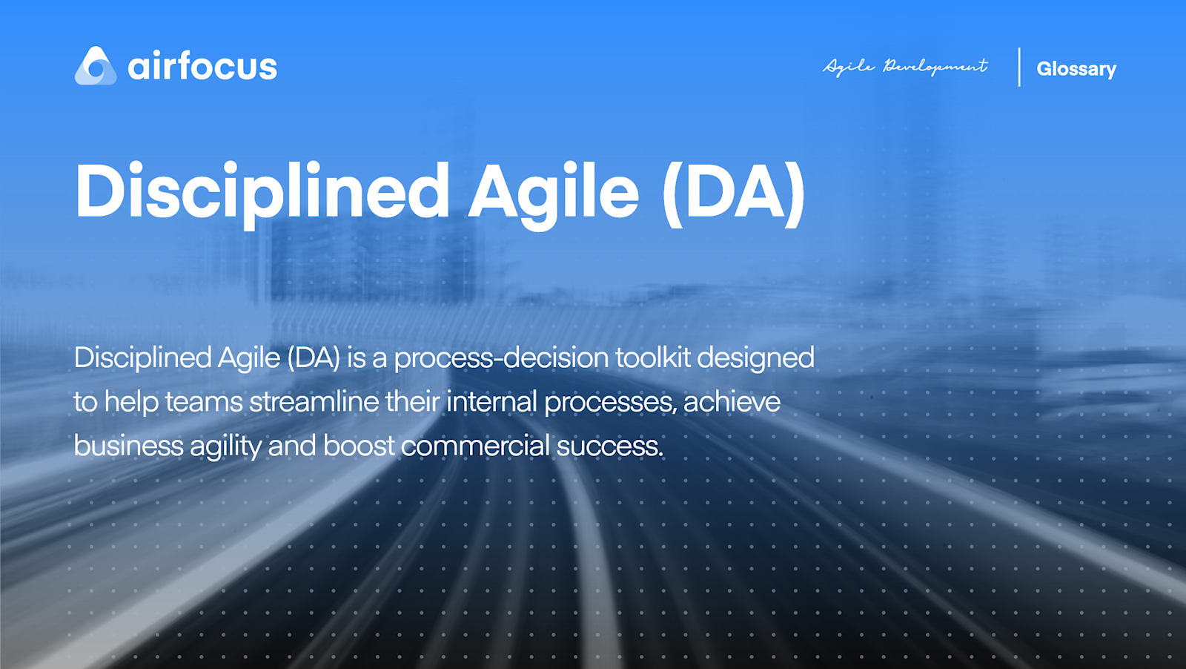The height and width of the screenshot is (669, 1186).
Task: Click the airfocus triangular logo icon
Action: tap(96, 66)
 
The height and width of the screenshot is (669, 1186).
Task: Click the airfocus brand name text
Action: tap(202, 66)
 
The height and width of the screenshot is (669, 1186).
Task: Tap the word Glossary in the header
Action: tap(1076, 69)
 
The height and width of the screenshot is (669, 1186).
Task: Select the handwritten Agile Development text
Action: tap(905, 67)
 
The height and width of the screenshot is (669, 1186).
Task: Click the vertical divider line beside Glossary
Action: tap(1019, 67)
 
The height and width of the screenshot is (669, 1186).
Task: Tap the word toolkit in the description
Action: tap(653, 357)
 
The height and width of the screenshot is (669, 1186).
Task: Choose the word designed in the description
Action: tap(755, 358)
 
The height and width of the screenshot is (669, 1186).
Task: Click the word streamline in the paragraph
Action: tap(314, 402)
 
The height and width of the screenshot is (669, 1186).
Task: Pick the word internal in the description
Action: tap(491, 402)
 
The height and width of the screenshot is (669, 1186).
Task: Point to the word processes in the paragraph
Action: tap(609, 403)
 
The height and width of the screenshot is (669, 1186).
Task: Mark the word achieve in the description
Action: tap(732, 402)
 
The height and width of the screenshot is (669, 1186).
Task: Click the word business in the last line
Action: tap(127, 446)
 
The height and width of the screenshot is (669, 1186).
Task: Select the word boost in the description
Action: tap(359, 446)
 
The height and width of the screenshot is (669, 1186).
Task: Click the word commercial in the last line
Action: tap(475, 446)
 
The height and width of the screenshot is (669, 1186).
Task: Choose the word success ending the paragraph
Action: tap(609, 446)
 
